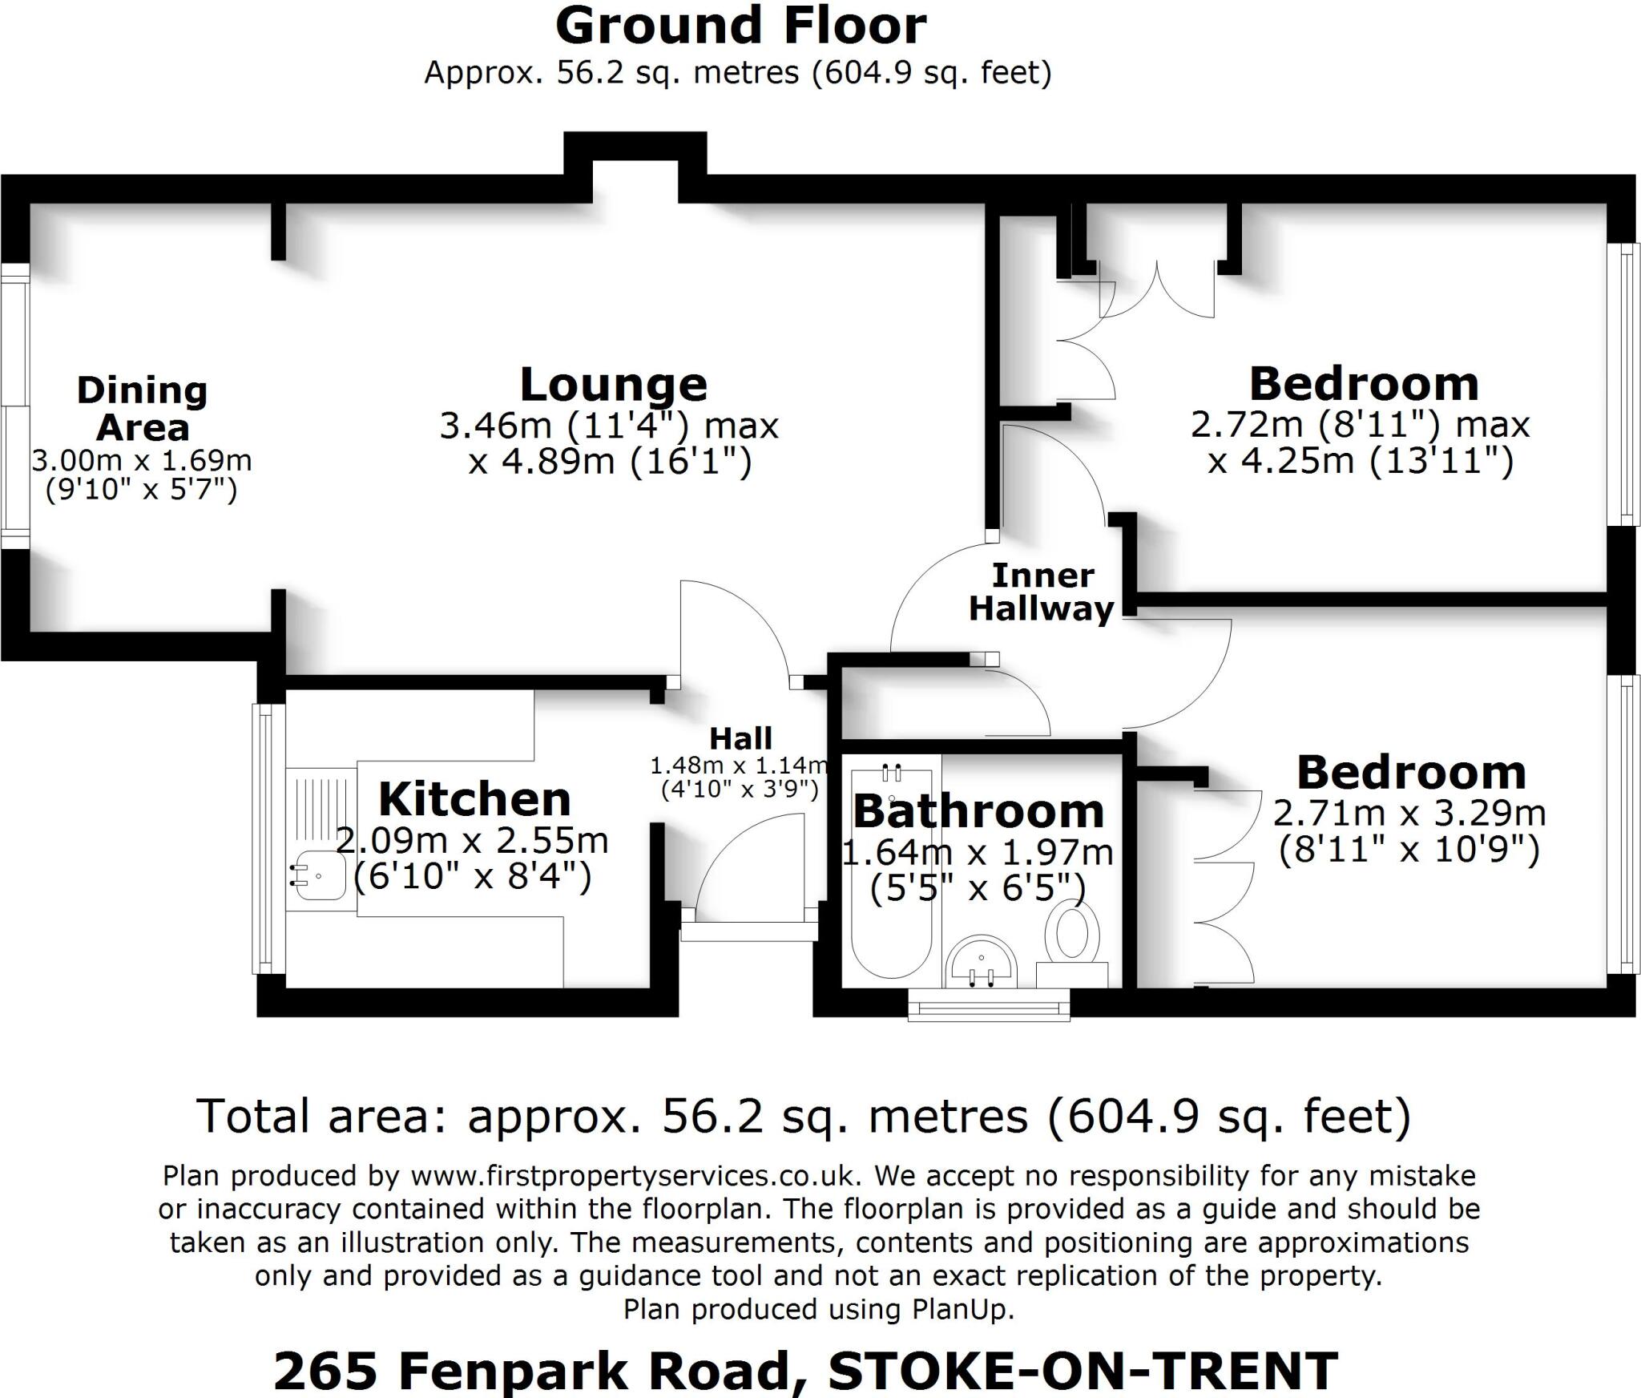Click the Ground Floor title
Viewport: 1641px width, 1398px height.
740,26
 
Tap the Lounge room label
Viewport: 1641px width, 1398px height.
614,385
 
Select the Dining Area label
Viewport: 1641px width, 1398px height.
143,409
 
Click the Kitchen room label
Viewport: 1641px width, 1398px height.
474,799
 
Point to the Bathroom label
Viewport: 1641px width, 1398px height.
978,811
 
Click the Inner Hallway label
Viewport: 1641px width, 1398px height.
1042,592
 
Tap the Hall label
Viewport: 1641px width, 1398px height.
741,738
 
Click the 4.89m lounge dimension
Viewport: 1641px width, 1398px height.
611,462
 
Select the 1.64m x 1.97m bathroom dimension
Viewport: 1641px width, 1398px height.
978,853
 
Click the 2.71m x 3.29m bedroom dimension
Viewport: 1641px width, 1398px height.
1409,814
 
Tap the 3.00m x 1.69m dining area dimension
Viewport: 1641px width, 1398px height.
142,461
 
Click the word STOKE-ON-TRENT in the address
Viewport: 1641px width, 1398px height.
1083,1372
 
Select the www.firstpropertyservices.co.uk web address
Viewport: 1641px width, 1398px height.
636,1176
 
